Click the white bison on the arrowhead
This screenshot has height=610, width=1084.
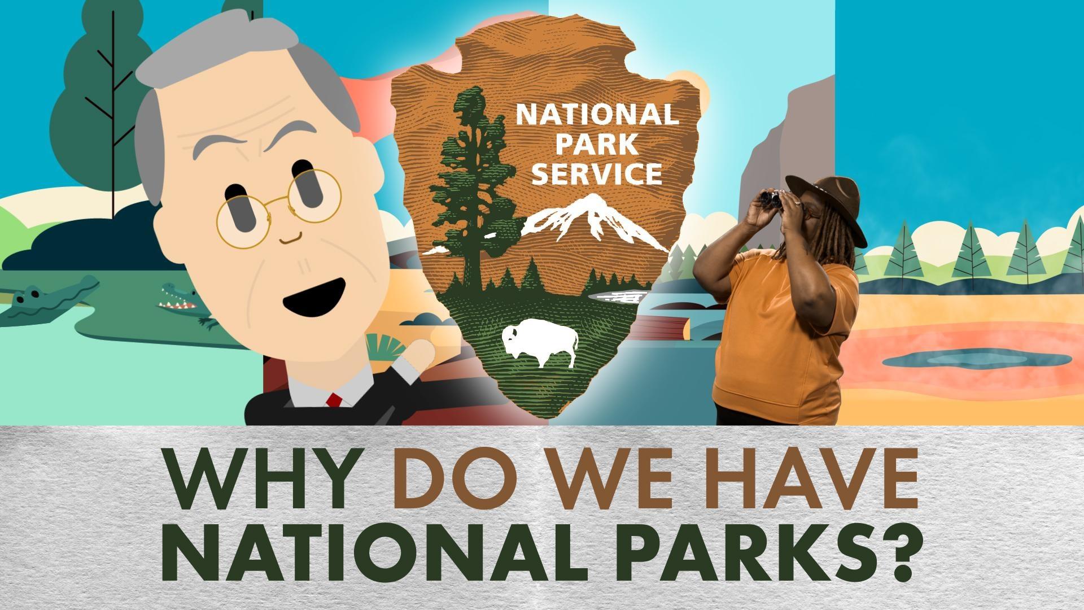pyautogui.click(x=540, y=343)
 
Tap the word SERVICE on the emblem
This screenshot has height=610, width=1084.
pyautogui.click(x=597, y=173)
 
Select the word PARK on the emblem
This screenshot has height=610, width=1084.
pyautogui.click(x=597, y=145)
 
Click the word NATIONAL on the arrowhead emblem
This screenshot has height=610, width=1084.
pyautogui.click(x=597, y=115)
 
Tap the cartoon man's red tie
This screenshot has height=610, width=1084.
pyautogui.click(x=334, y=400)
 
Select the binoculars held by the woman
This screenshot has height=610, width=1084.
pyautogui.click(x=770, y=198)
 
